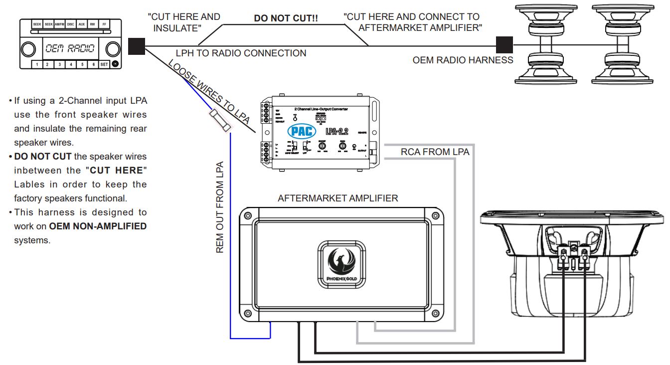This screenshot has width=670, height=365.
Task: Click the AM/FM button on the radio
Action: [x=60, y=24]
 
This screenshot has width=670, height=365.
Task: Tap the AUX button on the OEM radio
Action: [x=82, y=24]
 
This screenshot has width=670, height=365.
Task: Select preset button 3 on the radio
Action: [x=59, y=64]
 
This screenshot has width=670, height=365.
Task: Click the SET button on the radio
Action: [x=104, y=64]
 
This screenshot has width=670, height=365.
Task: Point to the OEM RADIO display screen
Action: [x=70, y=48]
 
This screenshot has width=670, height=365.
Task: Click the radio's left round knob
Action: [x=28, y=49]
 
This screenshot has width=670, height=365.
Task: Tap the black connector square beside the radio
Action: [x=136, y=46]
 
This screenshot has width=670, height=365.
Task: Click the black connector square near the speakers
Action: [x=504, y=44]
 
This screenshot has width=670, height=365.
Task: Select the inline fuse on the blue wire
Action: [x=220, y=121]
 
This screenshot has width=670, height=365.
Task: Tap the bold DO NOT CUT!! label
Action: [x=286, y=18]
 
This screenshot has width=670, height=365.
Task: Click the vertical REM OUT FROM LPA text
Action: [x=220, y=207]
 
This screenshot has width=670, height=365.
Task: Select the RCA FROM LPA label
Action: [x=435, y=152]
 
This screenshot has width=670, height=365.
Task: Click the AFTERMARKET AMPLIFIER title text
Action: [x=337, y=198]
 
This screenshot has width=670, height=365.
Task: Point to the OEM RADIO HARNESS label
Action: [x=463, y=60]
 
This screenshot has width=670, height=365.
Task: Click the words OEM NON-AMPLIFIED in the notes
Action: [x=98, y=226]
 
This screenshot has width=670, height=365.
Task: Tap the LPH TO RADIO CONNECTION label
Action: [x=241, y=53]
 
